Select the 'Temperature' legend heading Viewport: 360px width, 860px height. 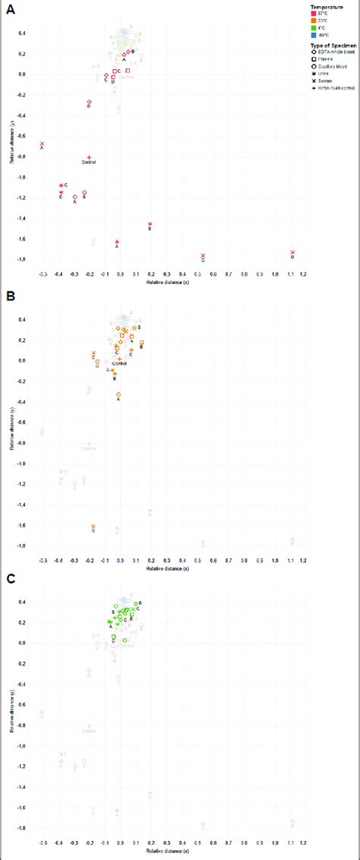[307, 7]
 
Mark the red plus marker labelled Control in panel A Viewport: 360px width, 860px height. [90, 157]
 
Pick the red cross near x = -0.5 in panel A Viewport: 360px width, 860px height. [42, 144]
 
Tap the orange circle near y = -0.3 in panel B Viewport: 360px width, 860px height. [119, 394]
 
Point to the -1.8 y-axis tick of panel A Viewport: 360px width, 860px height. [26, 259]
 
